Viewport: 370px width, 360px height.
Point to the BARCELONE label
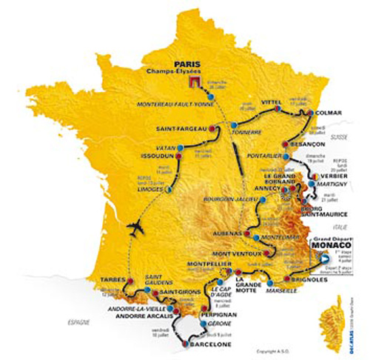pos(202,345)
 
